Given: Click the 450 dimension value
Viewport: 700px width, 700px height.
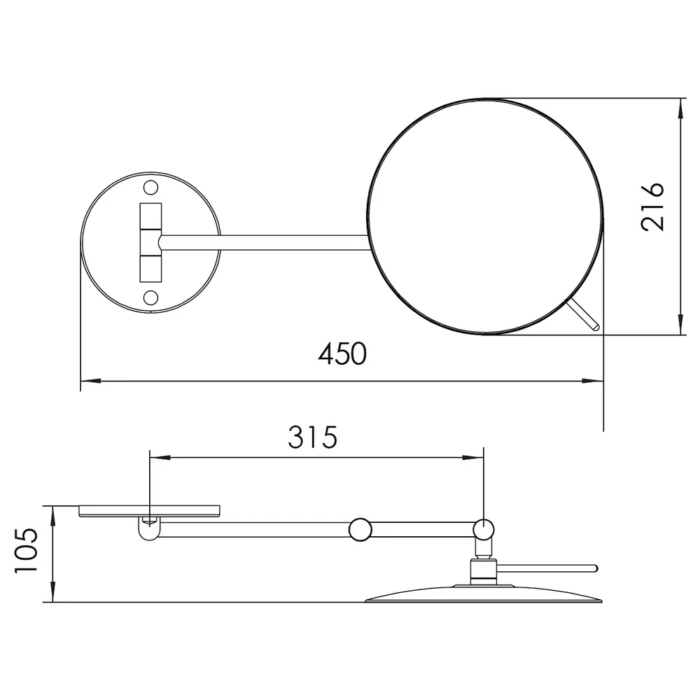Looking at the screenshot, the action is pyautogui.click(x=342, y=353).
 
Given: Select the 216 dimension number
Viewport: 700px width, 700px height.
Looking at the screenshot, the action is pyautogui.click(x=652, y=206).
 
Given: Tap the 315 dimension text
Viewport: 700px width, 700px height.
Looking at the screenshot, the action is pyautogui.click(x=312, y=437).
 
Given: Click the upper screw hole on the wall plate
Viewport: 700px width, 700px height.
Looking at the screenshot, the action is pyautogui.click(x=150, y=188).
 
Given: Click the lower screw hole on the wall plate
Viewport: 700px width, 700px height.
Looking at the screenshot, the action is pyautogui.click(x=150, y=297).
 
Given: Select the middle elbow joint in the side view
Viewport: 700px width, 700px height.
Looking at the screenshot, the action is pyautogui.click(x=360, y=530).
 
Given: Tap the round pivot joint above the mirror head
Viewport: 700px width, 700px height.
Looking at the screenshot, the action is pyautogui.click(x=484, y=530).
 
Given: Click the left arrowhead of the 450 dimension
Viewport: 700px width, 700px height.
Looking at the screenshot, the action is pyautogui.click(x=90, y=381).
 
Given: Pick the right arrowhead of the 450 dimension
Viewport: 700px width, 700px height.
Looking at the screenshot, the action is pyautogui.click(x=593, y=381).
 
